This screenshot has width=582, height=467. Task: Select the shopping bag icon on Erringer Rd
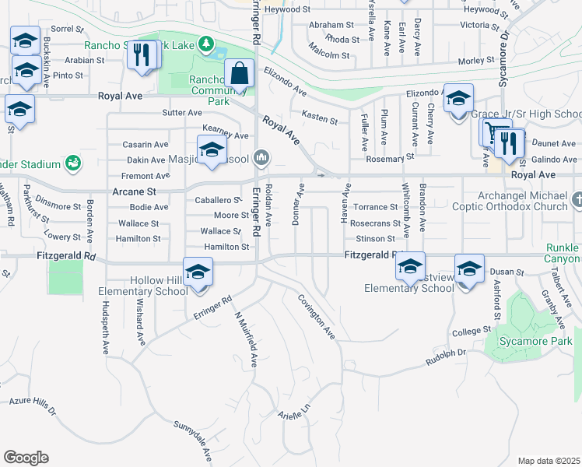tap(240, 74)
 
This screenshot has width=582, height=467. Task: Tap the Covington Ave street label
tap(317, 316)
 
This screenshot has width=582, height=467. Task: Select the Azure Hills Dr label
tap(32, 404)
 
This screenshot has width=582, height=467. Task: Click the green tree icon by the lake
tap(205, 44)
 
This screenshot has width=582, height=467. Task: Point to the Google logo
tap(26, 458)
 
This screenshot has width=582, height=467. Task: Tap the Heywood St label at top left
tap(287, 9)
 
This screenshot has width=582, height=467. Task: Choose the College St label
tap(471, 332)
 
